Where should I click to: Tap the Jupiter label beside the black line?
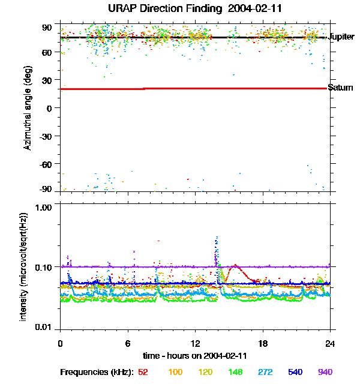point(342,37)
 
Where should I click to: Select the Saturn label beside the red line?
point(341,88)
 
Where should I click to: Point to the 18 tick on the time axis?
point(262,343)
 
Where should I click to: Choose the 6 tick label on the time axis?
point(128,343)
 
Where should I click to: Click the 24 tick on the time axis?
point(329,343)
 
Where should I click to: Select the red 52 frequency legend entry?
point(143,372)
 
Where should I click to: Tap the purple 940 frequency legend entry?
point(325,372)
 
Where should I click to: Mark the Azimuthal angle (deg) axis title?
point(27,109)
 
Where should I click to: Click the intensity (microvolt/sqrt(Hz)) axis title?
point(24,266)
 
